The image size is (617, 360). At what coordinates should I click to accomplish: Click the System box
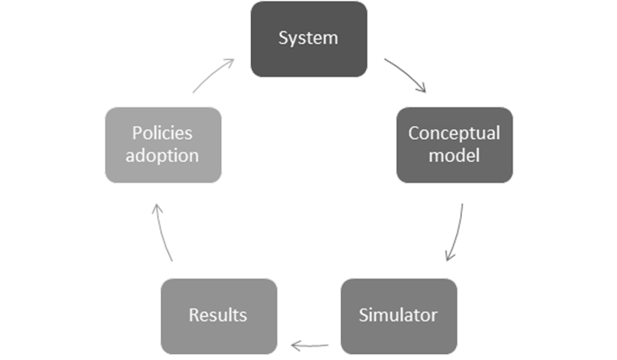coord(308,39)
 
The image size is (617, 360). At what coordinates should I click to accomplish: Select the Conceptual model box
coord(454,144)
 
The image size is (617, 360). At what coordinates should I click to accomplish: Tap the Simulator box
coord(398,315)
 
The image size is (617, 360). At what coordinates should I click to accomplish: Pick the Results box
coord(219,315)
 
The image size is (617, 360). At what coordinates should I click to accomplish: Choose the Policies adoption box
coord(163,144)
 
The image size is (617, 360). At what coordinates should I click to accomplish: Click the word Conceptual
coord(454,134)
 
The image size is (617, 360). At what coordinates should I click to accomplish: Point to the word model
coord(454,156)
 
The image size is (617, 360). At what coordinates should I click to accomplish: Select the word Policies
coord(163,134)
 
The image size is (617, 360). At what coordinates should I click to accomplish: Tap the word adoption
coord(163,156)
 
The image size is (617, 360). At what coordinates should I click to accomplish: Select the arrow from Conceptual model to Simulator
coord(455,233)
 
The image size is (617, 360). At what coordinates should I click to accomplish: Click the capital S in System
coord(284,39)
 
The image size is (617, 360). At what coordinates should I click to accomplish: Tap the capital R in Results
coord(194,315)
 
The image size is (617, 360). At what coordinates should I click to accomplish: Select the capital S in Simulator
coord(362,315)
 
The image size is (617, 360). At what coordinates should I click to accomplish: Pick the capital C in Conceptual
coord(413,134)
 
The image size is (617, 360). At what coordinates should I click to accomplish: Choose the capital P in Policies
coord(136,134)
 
